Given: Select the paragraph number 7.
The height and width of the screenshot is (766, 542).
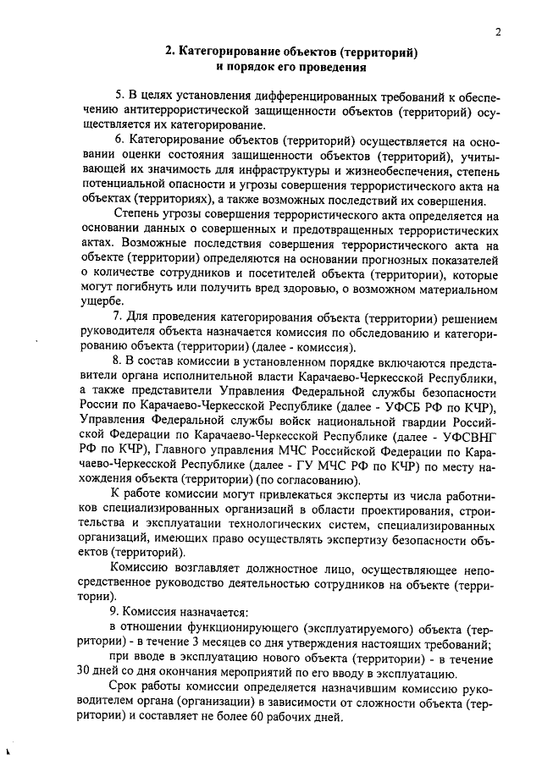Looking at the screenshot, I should point(118,316).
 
